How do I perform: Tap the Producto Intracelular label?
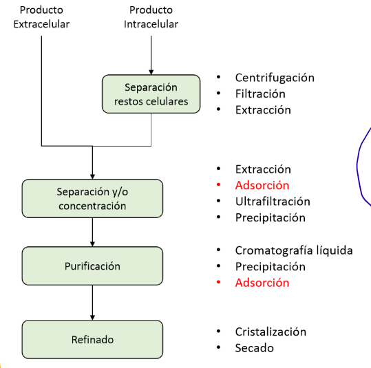point(151,17)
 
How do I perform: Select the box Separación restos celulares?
point(151,95)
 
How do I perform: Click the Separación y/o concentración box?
point(92,198)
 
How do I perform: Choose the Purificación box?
point(92,266)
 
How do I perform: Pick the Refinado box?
point(92,339)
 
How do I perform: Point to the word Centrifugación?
point(274,78)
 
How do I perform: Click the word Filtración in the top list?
point(259,94)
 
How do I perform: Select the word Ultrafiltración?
point(272,202)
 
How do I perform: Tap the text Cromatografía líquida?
point(293,250)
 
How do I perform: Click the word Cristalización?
point(270,332)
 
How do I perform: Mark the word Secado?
point(254,348)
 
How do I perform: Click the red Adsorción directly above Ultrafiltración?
point(262,186)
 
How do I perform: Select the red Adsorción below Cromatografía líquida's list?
point(262,283)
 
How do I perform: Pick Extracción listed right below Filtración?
point(262,110)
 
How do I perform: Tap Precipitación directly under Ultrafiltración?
point(270,218)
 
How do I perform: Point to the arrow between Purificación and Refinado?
point(92,303)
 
